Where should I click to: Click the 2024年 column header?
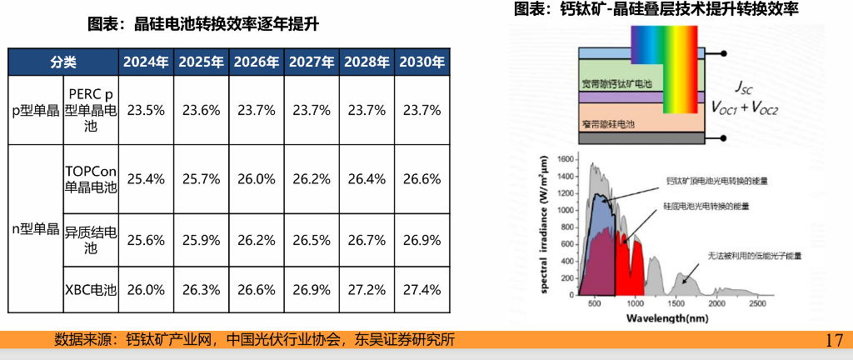coord(146,62)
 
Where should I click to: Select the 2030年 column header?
coord(422,62)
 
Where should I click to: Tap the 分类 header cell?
coord(63,62)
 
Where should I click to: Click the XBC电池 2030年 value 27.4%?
coord(422,290)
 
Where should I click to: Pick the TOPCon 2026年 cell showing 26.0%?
coord(256,178)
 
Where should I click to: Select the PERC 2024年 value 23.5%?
coord(146,110)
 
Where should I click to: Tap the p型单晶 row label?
coord(35,110)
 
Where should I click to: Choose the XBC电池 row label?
coord(91,290)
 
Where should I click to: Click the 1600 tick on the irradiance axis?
coord(565,159)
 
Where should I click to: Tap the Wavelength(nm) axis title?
coord(667,318)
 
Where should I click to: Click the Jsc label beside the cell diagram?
coord(744,87)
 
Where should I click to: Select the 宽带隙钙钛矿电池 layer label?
coord(616,84)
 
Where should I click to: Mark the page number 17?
coord(834,340)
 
